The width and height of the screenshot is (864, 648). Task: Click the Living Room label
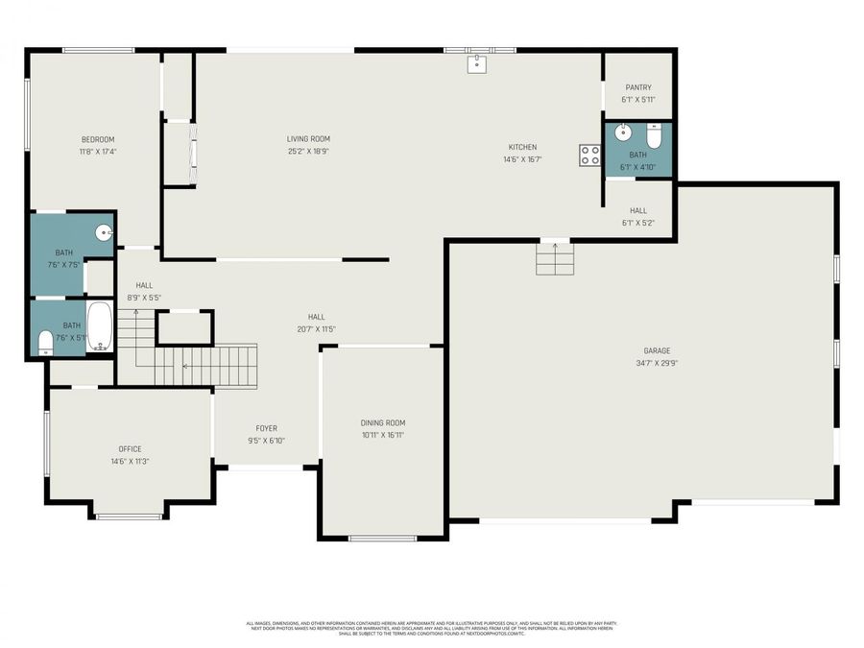(308, 139)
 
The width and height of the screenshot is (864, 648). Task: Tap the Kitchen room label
(522, 147)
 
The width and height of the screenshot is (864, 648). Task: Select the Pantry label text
(637, 87)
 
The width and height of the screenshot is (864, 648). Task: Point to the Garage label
(657, 351)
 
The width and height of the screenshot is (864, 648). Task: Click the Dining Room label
(383, 422)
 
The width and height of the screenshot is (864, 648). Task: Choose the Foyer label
(266, 428)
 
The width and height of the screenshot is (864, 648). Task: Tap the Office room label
(130, 448)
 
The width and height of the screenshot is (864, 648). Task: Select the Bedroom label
(97, 139)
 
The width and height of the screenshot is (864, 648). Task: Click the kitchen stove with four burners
(589, 155)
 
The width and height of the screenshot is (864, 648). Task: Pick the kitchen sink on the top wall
(478, 64)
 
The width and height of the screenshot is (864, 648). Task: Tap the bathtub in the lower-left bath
(100, 326)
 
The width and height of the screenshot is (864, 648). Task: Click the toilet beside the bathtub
(45, 342)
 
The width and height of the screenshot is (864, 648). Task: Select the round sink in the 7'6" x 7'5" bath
(104, 231)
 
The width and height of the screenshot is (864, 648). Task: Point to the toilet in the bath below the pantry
(655, 136)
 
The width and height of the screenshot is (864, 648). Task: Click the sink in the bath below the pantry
(622, 132)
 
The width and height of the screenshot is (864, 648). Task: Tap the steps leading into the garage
(555, 258)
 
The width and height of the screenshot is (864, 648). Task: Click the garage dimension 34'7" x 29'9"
(657, 364)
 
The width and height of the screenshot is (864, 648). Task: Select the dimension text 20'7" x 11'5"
(316, 329)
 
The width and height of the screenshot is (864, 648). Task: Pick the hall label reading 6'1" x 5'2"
(637, 223)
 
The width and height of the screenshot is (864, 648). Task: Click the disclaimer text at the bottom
(432, 628)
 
